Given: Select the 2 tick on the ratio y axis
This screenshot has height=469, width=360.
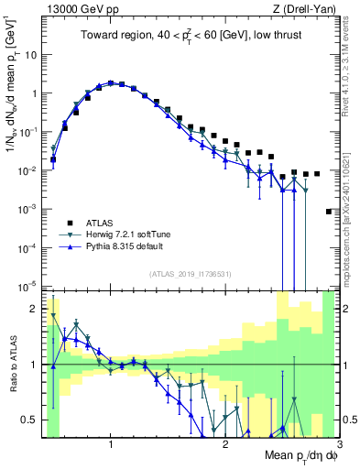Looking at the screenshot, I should click(33, 308).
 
